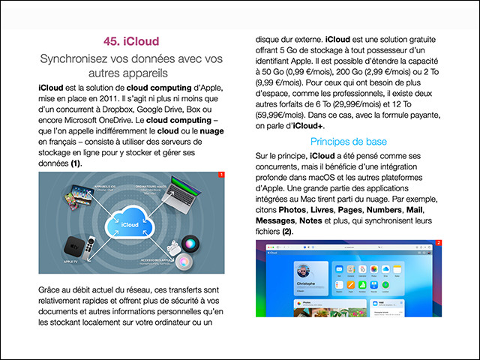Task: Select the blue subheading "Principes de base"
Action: [345, 142]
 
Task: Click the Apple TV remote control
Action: [92, 249]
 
